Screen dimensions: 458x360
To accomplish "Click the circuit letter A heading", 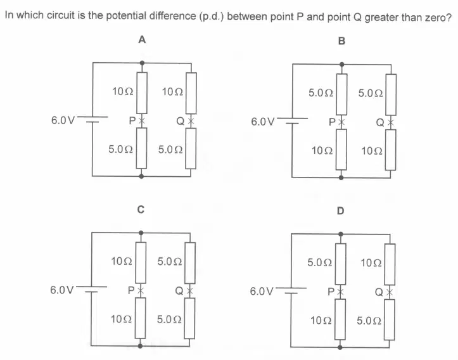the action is pyautogui.click(x=142, y=39).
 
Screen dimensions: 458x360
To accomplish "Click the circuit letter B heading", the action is pyautogui.click(x=341, y=41).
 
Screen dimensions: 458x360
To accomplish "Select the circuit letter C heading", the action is pyautogui.click(x=141, y=209).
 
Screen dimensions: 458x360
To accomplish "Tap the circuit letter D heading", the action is pyautogui.click(x=341, y=210).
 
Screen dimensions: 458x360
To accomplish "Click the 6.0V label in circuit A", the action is pyautogui.click(x=63, y=120).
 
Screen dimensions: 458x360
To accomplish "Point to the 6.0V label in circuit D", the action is pyautogui.click(x=262, y=292).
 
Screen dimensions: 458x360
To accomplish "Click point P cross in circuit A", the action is pyautogui.click(x=141, y=120).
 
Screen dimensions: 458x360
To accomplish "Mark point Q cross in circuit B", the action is pyautogui.click(x=390, y=122).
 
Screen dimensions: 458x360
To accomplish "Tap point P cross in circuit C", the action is pyautogui.click(x=141, y=290).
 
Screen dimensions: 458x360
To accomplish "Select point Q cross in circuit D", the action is pyautogui.click(x=390, y=292).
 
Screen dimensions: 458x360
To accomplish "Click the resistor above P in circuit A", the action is pyautogui.click(x=142, y=93).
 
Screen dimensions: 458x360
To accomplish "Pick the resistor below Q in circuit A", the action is pyautogui.click(x=191, y=148).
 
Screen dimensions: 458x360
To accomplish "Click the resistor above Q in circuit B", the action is pyautogui.click(x=391, y=94).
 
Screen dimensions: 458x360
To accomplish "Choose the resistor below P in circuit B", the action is pyautogui.click(x=341, y=150).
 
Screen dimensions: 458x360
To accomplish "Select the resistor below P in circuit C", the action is pyautogui.click(x=141, y=318).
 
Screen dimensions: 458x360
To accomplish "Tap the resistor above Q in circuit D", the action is pyautogui.click(x=390, y=264).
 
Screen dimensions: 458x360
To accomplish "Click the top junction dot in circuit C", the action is pyautogui.click(x=141, y=233).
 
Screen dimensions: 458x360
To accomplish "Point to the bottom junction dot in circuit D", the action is pyautogui.click(x=340, y=347).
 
